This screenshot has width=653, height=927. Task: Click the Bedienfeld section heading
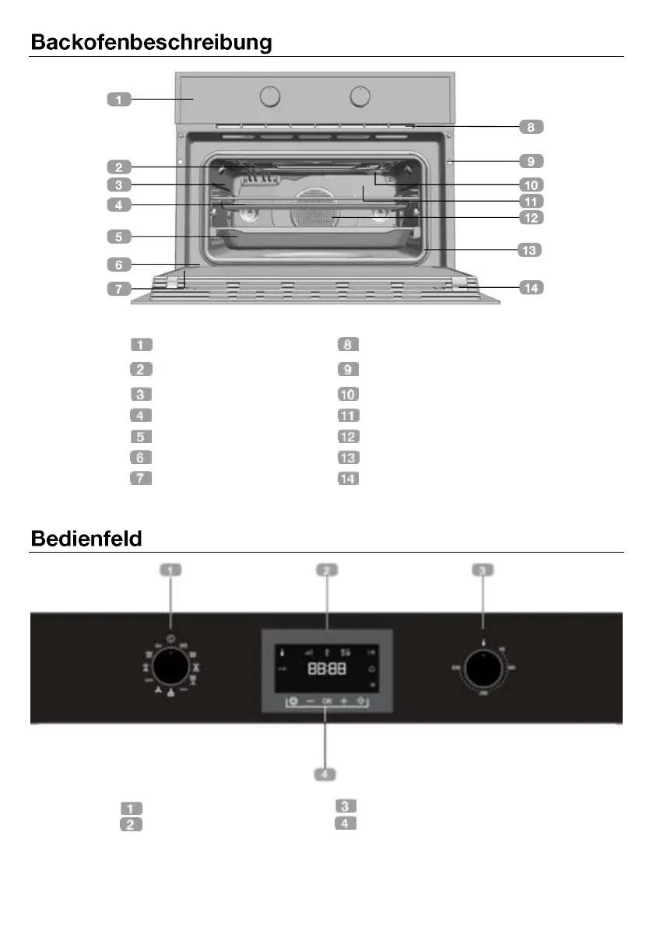86,538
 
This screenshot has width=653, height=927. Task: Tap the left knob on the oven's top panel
269,97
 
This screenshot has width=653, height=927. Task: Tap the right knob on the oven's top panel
360,97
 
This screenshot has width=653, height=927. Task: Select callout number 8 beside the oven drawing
531,126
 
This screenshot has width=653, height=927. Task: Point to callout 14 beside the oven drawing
531,288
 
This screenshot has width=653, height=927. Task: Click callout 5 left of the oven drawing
118,235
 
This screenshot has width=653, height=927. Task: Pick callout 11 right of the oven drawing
531,201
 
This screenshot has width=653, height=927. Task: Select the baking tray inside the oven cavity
315,238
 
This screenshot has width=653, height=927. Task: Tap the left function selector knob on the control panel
170,667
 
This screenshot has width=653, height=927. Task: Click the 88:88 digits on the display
327,669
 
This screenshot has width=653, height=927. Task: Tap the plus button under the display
342,701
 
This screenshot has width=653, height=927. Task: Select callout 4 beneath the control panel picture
325,774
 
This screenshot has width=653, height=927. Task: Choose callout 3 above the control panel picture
483,571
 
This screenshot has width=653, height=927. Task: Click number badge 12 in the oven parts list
348,437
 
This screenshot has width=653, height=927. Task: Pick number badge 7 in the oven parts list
141,478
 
